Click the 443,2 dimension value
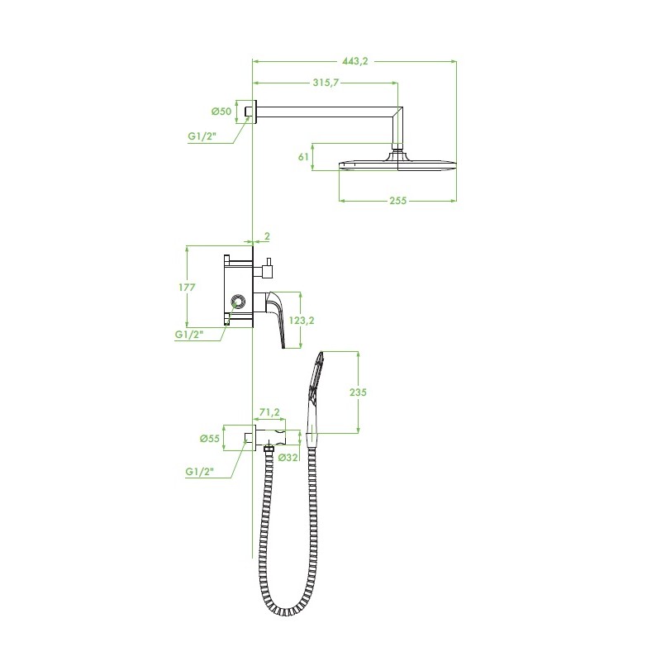pyautogui.click(x=355, y=61)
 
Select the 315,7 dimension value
pyautogui.click(x=326, y=83)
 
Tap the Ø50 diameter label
pyautogui.click(x=221, y=112)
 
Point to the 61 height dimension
pyautogui.click(x=303, y=157)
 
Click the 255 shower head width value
pyautogui.click(x=398, y=201)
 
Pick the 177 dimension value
pyautogui.click(x=187, y=287)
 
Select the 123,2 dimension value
pyautogui.click(x=302, y=321)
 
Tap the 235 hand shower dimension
pyautogui.click(x=358, y=392)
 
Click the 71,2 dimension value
pyautogui.click(x=269, y=411)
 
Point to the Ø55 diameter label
pyautogui.click(x=210, y=439)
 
